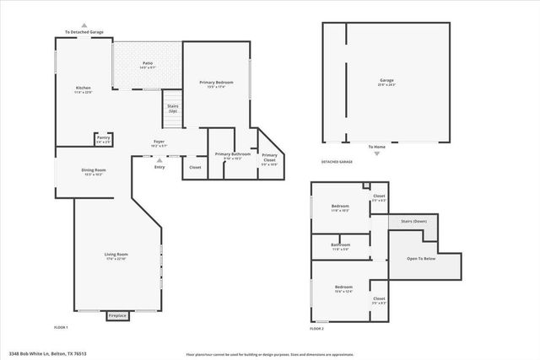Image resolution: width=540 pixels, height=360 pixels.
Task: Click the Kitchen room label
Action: click(x=84, y=88)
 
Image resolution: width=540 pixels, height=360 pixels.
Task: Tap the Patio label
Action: click(x=147, y=63)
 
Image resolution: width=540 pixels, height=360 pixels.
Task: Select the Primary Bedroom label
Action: click(x=217, y=83)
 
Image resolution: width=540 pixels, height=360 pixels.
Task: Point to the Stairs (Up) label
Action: click(x=173, y=108)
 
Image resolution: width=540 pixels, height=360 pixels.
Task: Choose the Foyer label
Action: click(x=159, y=141)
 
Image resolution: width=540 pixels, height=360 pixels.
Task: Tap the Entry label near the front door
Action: click(x=159, y=167)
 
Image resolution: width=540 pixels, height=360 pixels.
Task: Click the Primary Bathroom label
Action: click(x=232, y=154)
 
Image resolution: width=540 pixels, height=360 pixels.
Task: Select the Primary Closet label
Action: click(x=269, y=158)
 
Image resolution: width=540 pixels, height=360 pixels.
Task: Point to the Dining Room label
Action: click(x=94, y=170)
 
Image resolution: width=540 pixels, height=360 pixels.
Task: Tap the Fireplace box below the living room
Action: click(x=117, y=315)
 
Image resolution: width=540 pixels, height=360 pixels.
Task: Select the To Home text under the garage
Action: click(x=376, y=147)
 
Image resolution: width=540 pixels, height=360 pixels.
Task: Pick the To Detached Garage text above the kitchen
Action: click(x=84, y=33)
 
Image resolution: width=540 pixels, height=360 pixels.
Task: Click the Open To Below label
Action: click(x=421, y=258)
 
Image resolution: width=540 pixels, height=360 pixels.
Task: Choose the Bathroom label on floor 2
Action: click(x=340, y=245)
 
